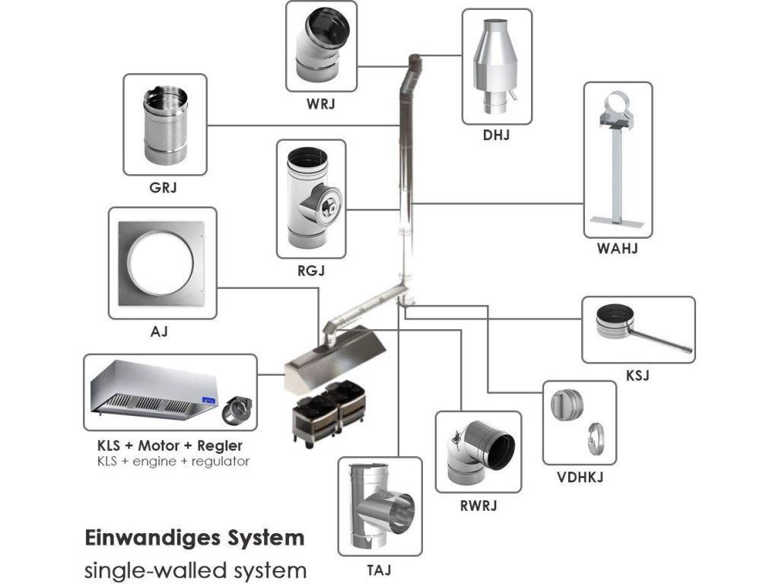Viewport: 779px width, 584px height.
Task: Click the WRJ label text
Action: tap(321, 103)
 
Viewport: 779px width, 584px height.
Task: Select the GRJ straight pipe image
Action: tap(165, 125)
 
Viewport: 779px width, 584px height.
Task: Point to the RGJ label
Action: tap(311, 271)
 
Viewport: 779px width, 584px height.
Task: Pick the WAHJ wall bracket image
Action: tap(618, 160)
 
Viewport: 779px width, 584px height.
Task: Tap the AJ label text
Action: tap(159, 332)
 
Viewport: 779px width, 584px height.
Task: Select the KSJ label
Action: tap(637, 376)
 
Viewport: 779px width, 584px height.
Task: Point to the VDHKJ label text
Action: tap(580, 478)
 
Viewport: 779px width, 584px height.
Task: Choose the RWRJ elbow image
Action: tap(479, 452)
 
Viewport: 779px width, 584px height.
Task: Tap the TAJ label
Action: tap(380, 570)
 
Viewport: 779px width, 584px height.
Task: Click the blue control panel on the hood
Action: tap(209, 398)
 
